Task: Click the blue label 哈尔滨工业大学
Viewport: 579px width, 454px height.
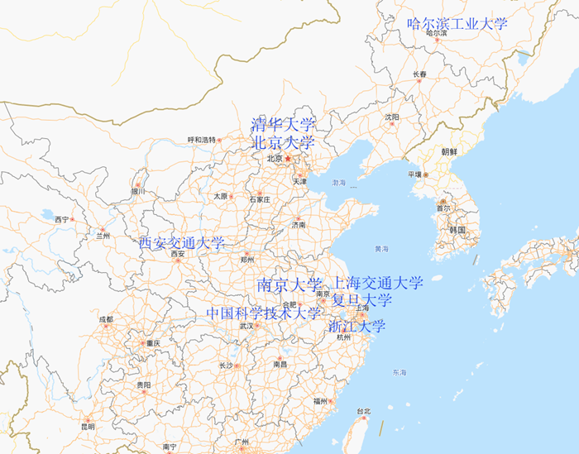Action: click(x=457, y=24)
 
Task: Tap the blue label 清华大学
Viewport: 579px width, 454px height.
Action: click(x=284, y=126)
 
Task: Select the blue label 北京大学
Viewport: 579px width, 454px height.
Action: click(x=284, y=143)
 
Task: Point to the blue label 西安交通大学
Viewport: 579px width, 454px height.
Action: click(x=181, y=243)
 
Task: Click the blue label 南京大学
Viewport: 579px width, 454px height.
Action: click(x=289, y=285)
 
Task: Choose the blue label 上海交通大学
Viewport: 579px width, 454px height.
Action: click(x=377, y=284)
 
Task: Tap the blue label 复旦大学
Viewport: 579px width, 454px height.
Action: click(x=362, y=299)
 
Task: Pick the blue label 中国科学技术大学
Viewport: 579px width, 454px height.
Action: click(x=263, y=313)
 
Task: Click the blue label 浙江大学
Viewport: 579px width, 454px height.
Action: click(x=357, y=326)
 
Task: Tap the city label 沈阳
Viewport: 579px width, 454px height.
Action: click(x=391, y=117)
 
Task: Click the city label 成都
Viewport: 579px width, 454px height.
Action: click(x=105, y=319)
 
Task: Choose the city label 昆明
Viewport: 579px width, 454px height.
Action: click(x=88, y=427)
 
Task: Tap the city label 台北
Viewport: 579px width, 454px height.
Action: click(x=363, y=411)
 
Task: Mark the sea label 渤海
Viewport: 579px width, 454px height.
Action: click(x=339, y=182)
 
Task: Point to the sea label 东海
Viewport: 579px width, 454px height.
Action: click(x=400, y=373)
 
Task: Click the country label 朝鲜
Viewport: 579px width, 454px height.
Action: click(x=449, y=152)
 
